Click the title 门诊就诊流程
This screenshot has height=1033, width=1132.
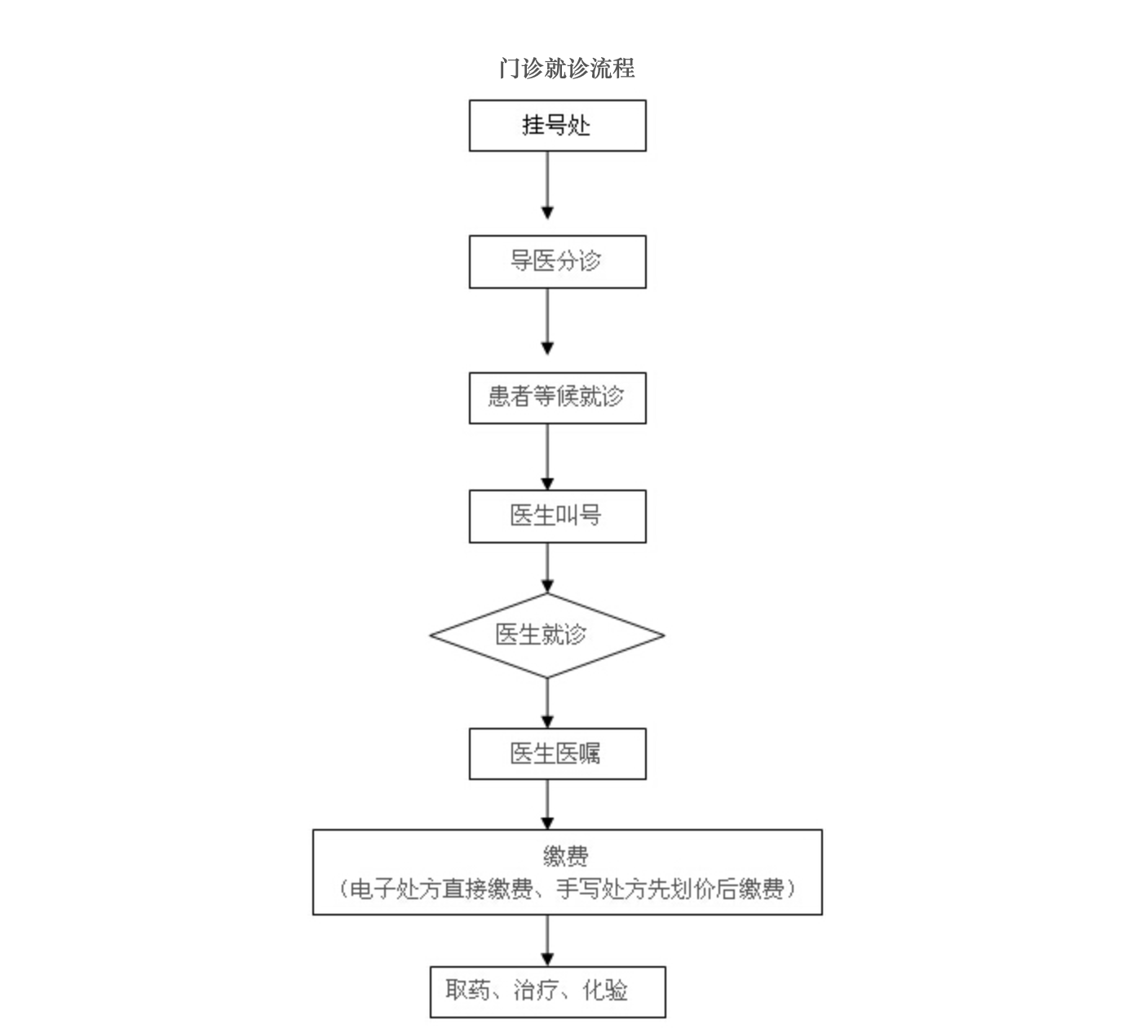coord(567,69)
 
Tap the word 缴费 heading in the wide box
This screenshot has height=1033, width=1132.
coord(565,856)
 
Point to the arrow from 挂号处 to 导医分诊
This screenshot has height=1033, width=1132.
coord(547,185)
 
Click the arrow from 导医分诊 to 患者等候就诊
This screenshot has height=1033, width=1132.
coord(547,321)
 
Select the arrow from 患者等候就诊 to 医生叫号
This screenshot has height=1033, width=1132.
coord(547,457)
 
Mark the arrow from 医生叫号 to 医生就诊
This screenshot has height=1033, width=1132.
coord(547,568)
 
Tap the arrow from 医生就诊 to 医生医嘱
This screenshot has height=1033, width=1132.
coord(547,703)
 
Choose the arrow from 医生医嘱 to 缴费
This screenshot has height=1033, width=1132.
coord(547,805)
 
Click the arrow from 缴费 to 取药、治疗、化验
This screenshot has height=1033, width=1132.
coord(547,940)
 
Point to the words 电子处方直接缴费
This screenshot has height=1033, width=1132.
coord(441,889)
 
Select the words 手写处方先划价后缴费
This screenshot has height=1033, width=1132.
coord(670,889)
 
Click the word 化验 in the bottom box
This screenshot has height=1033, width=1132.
coord(604,990)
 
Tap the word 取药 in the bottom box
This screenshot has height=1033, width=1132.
coord(468,990)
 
